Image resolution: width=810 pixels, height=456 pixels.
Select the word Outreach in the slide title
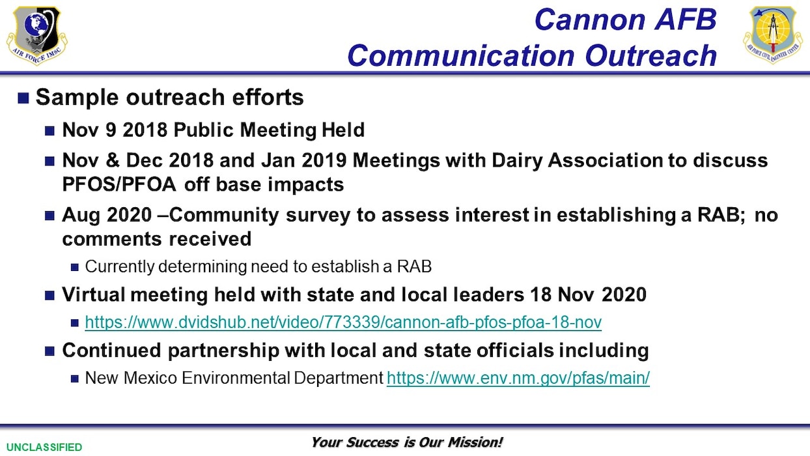650,56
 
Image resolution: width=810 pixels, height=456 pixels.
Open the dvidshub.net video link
343,322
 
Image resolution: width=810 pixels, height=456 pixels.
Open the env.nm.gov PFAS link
518,378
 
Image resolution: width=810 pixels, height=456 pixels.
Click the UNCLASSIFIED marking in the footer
41,447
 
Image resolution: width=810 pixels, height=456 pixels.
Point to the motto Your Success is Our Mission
407,442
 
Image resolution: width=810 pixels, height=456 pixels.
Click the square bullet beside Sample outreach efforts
23,98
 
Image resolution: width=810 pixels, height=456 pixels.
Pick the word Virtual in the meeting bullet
93,294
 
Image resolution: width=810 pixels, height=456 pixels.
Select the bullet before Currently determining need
75,267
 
